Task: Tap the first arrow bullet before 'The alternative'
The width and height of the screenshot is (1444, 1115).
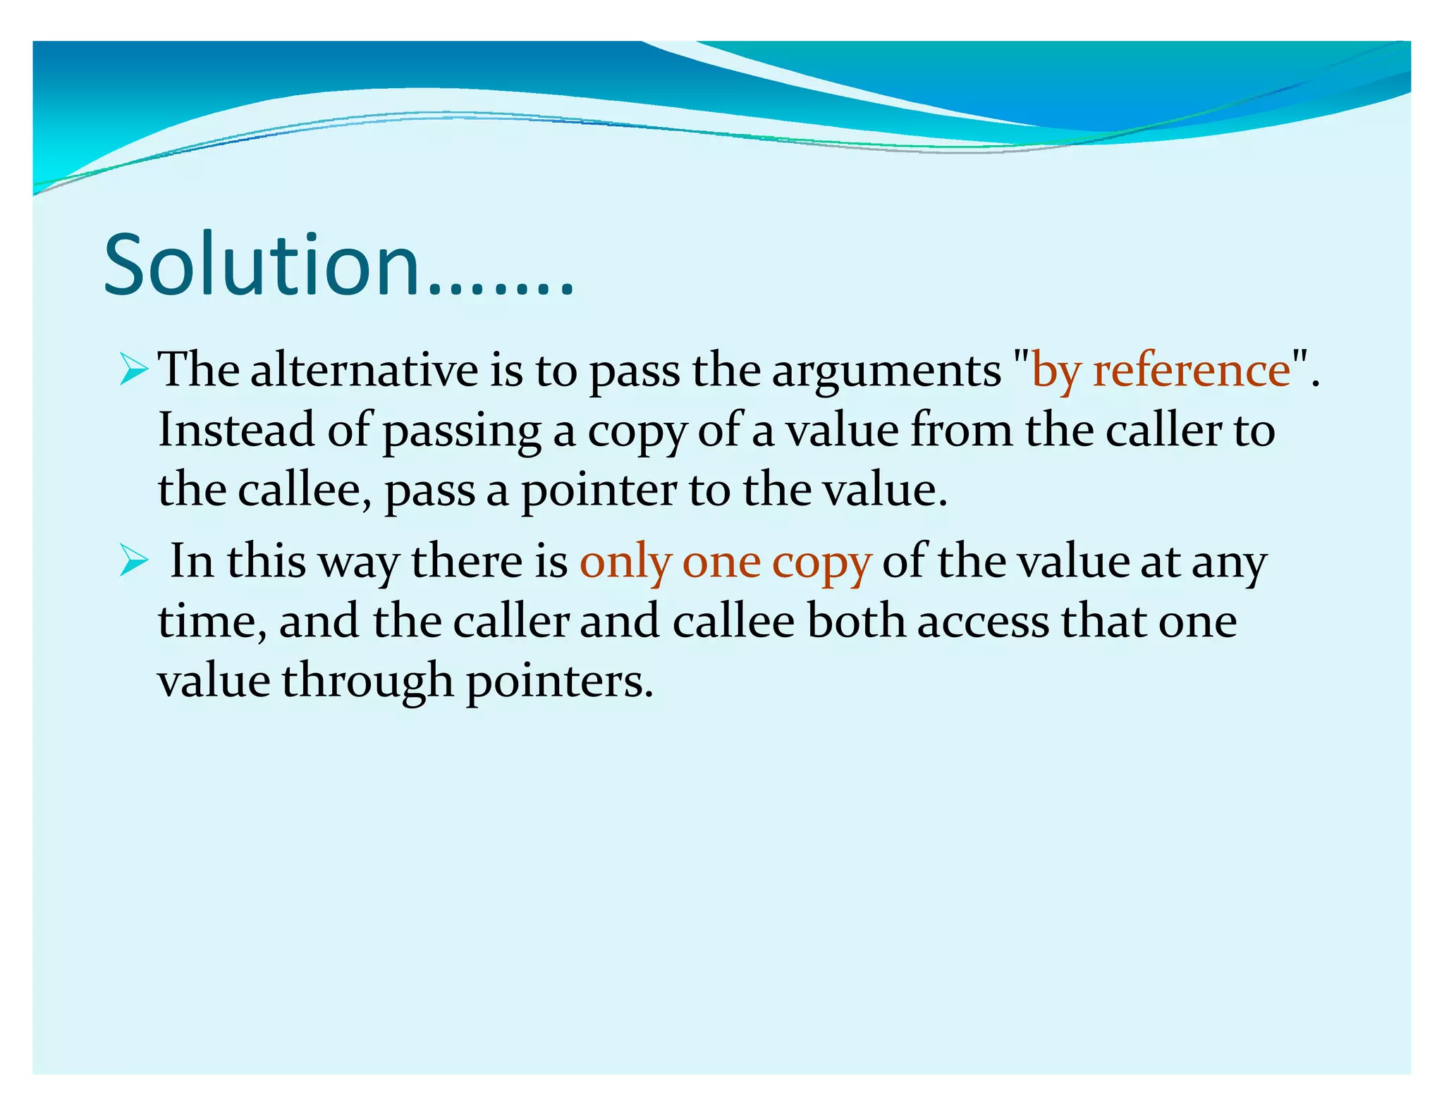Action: pos(133,369)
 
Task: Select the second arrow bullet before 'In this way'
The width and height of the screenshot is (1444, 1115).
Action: pos(133,561)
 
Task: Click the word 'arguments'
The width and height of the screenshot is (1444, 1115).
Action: pos(886,371)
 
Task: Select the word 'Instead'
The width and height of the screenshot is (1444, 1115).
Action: pos(235,430)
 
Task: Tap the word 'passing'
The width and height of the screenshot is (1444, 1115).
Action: pos(461,431)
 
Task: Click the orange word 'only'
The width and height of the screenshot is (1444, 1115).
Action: pos(625,563)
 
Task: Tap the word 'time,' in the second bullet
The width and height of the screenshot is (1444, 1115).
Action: pos(212,622)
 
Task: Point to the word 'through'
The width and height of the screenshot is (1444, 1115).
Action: pos(367,682)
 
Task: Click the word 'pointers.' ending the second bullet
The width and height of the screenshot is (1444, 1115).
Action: pos(560,682)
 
